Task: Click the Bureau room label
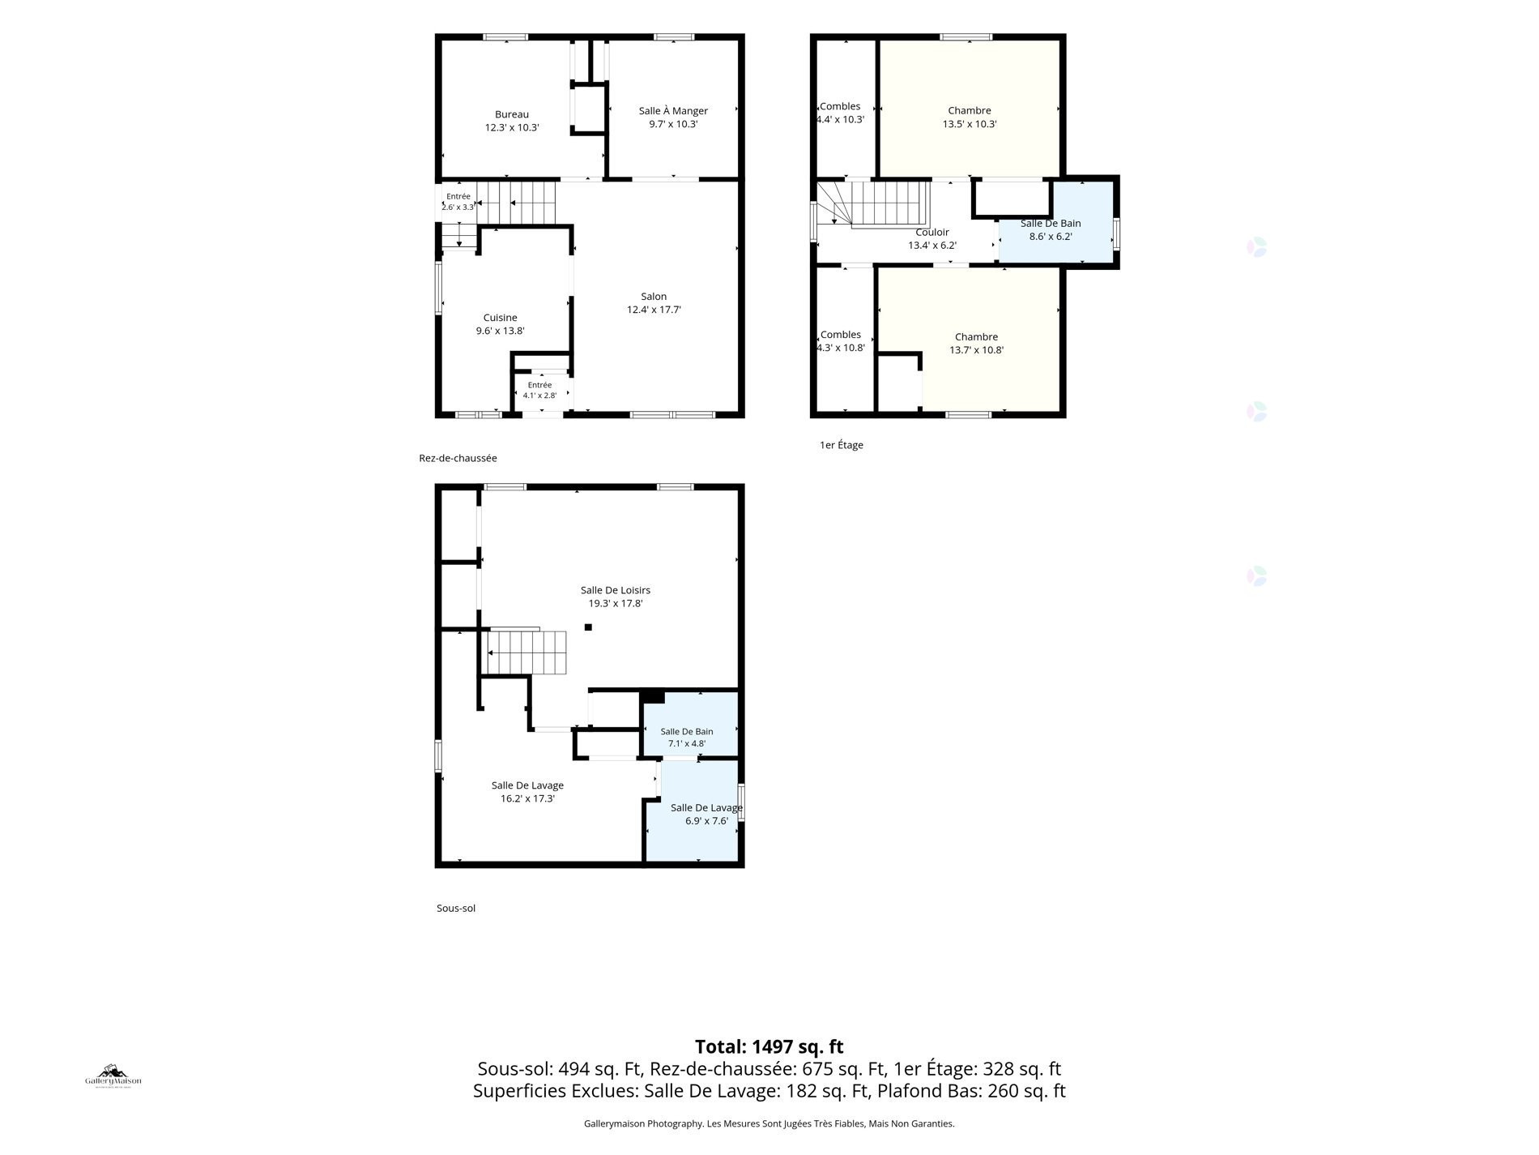coord(512,115)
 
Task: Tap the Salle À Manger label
coord(673,111)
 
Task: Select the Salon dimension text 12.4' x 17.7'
coord(654,310)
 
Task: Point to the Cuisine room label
coord(500,318)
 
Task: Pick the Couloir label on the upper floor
coord(932,233)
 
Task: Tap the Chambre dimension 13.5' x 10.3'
coord(970,125)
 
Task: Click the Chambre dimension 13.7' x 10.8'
coord(976,350)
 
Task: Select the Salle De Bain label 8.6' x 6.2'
coord(1051,230)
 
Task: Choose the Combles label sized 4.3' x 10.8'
coord(841,341)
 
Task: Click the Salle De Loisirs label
coord(616,590)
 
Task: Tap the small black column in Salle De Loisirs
coord(588,627)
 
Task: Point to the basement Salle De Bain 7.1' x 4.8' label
coord(687,738)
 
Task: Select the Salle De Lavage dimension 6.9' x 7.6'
coord(706,821)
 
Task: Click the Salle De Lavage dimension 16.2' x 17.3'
coord(527,798)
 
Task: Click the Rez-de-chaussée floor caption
coord(458,458)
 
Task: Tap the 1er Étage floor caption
coord(842,445)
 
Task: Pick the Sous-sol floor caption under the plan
coord(456,909)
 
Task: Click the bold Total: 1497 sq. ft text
coord(769,1046)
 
